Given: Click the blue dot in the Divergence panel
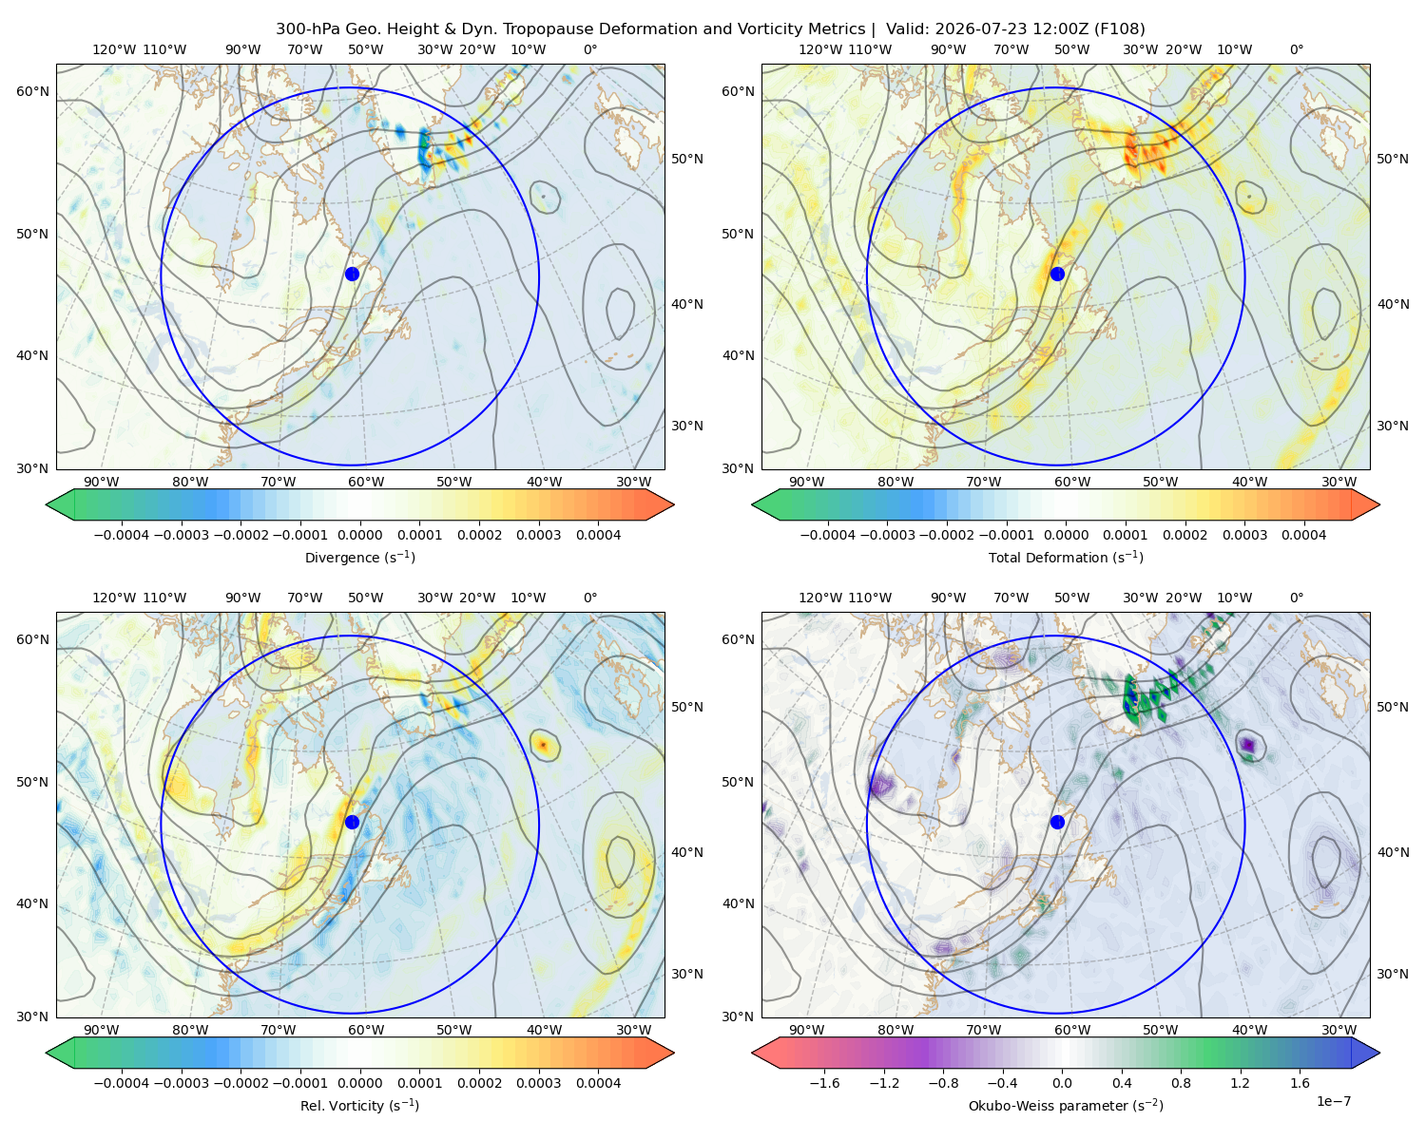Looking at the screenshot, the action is (x=352, y=274).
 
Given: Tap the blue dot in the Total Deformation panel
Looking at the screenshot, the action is (x=1057, y=274).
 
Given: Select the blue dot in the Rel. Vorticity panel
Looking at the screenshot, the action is (x=352, y=822).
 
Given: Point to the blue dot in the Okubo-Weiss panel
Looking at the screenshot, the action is (x=1057, y=822).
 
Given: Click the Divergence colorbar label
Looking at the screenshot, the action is (x=359, y=557).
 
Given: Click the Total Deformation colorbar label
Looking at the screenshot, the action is (x=1066, y=557).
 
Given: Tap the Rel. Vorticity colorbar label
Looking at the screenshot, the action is (x=359, y=1105).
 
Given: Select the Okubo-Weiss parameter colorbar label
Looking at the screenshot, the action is (x=1066, y=1105).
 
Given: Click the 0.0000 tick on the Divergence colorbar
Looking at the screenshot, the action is (x=359, y=535).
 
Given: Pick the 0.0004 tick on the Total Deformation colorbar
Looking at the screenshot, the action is (x=1303, y=535).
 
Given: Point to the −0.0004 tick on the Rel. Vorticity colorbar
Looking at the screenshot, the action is (x=122, y=1083).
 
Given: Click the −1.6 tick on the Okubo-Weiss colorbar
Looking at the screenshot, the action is (x=824, y=1083).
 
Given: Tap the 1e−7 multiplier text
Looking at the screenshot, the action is (x=1333, y=1101).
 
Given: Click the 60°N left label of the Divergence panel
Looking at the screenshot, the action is (x=32, y=91).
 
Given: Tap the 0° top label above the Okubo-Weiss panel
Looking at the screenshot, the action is (x=1296, y=598).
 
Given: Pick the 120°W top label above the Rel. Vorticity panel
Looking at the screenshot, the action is (x=114, y=598).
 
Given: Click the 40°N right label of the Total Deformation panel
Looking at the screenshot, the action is (x=1393, y=304).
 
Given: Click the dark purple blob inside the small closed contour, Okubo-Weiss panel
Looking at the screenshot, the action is (x=1248, y=745).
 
